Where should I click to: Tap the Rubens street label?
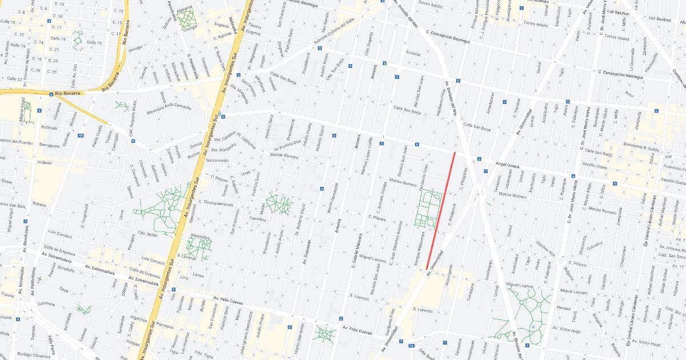pyautogui.click(x=39, y=204)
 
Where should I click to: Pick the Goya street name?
pyautogui.click(x=63, y=290)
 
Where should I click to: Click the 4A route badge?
pyautogui.click(x=81, y=135)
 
